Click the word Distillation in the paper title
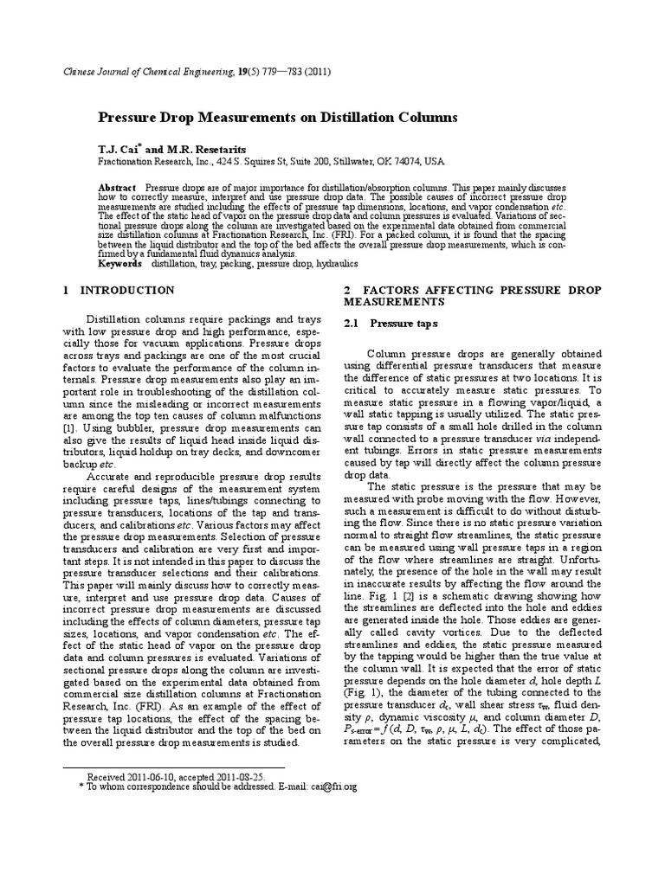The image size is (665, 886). [366, 118]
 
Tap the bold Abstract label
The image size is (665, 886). [117, 188]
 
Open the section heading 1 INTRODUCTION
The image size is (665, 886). [119, 291]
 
